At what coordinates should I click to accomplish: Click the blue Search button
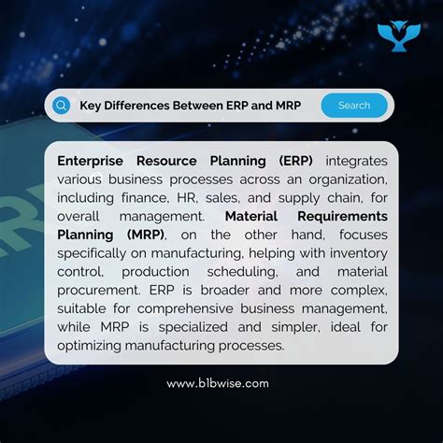click(x=354, y=106)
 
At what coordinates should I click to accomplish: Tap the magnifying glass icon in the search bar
click(x=62, y=106)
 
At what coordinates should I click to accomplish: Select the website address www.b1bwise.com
click(x=218, y=383)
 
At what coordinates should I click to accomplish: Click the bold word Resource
click(x=185, y=160)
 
